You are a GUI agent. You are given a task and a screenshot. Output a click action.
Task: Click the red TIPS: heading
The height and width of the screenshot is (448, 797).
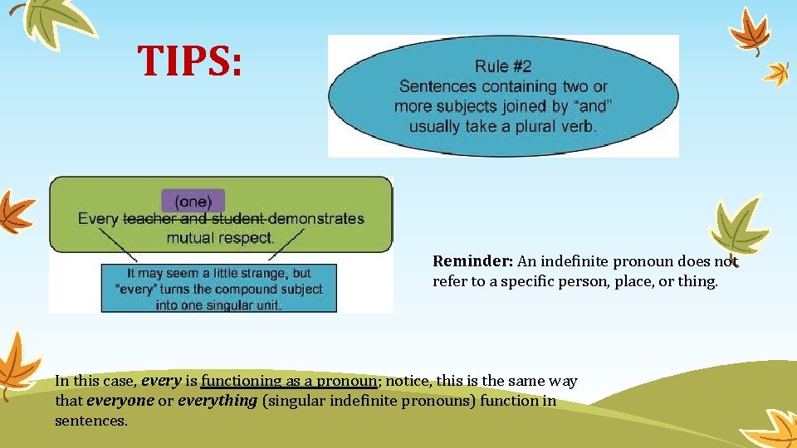tap(190, 61)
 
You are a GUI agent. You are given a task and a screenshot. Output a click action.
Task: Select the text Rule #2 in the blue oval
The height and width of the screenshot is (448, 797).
tap(503, 66)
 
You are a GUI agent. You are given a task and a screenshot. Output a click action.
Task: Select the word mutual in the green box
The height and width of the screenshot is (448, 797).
tap(190, 238)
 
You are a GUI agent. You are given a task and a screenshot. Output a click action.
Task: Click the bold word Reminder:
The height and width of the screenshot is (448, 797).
tap(473, 261)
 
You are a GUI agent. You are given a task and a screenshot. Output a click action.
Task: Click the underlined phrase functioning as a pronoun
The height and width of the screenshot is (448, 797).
tap(290, 381)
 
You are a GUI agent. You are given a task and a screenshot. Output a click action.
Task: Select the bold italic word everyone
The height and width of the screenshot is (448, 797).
tap(120, 401)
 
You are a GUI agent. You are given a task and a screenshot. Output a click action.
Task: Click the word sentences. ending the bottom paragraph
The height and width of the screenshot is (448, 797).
tap(91, 421)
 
